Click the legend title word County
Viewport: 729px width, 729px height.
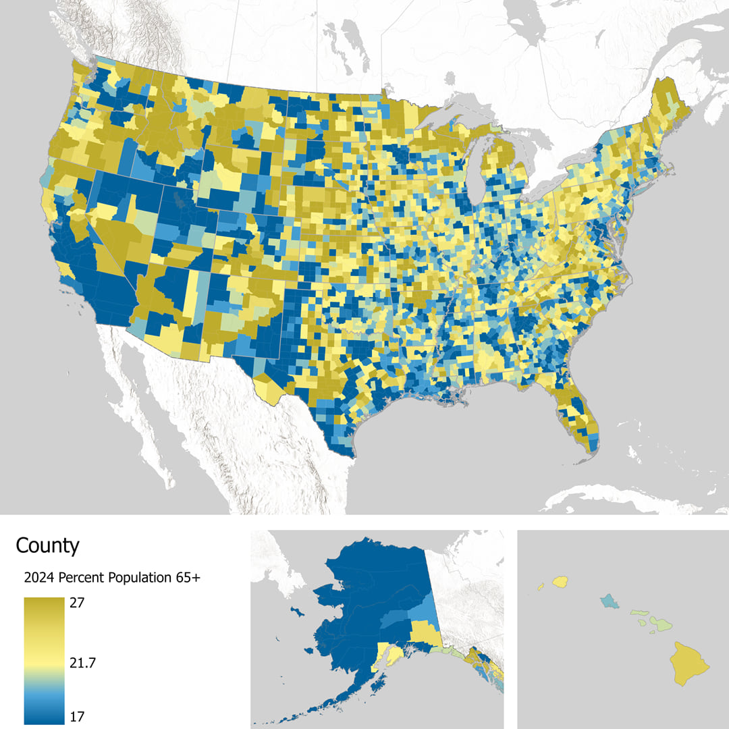47,545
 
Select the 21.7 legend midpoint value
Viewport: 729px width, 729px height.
83,664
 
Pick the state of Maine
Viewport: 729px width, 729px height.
668,108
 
